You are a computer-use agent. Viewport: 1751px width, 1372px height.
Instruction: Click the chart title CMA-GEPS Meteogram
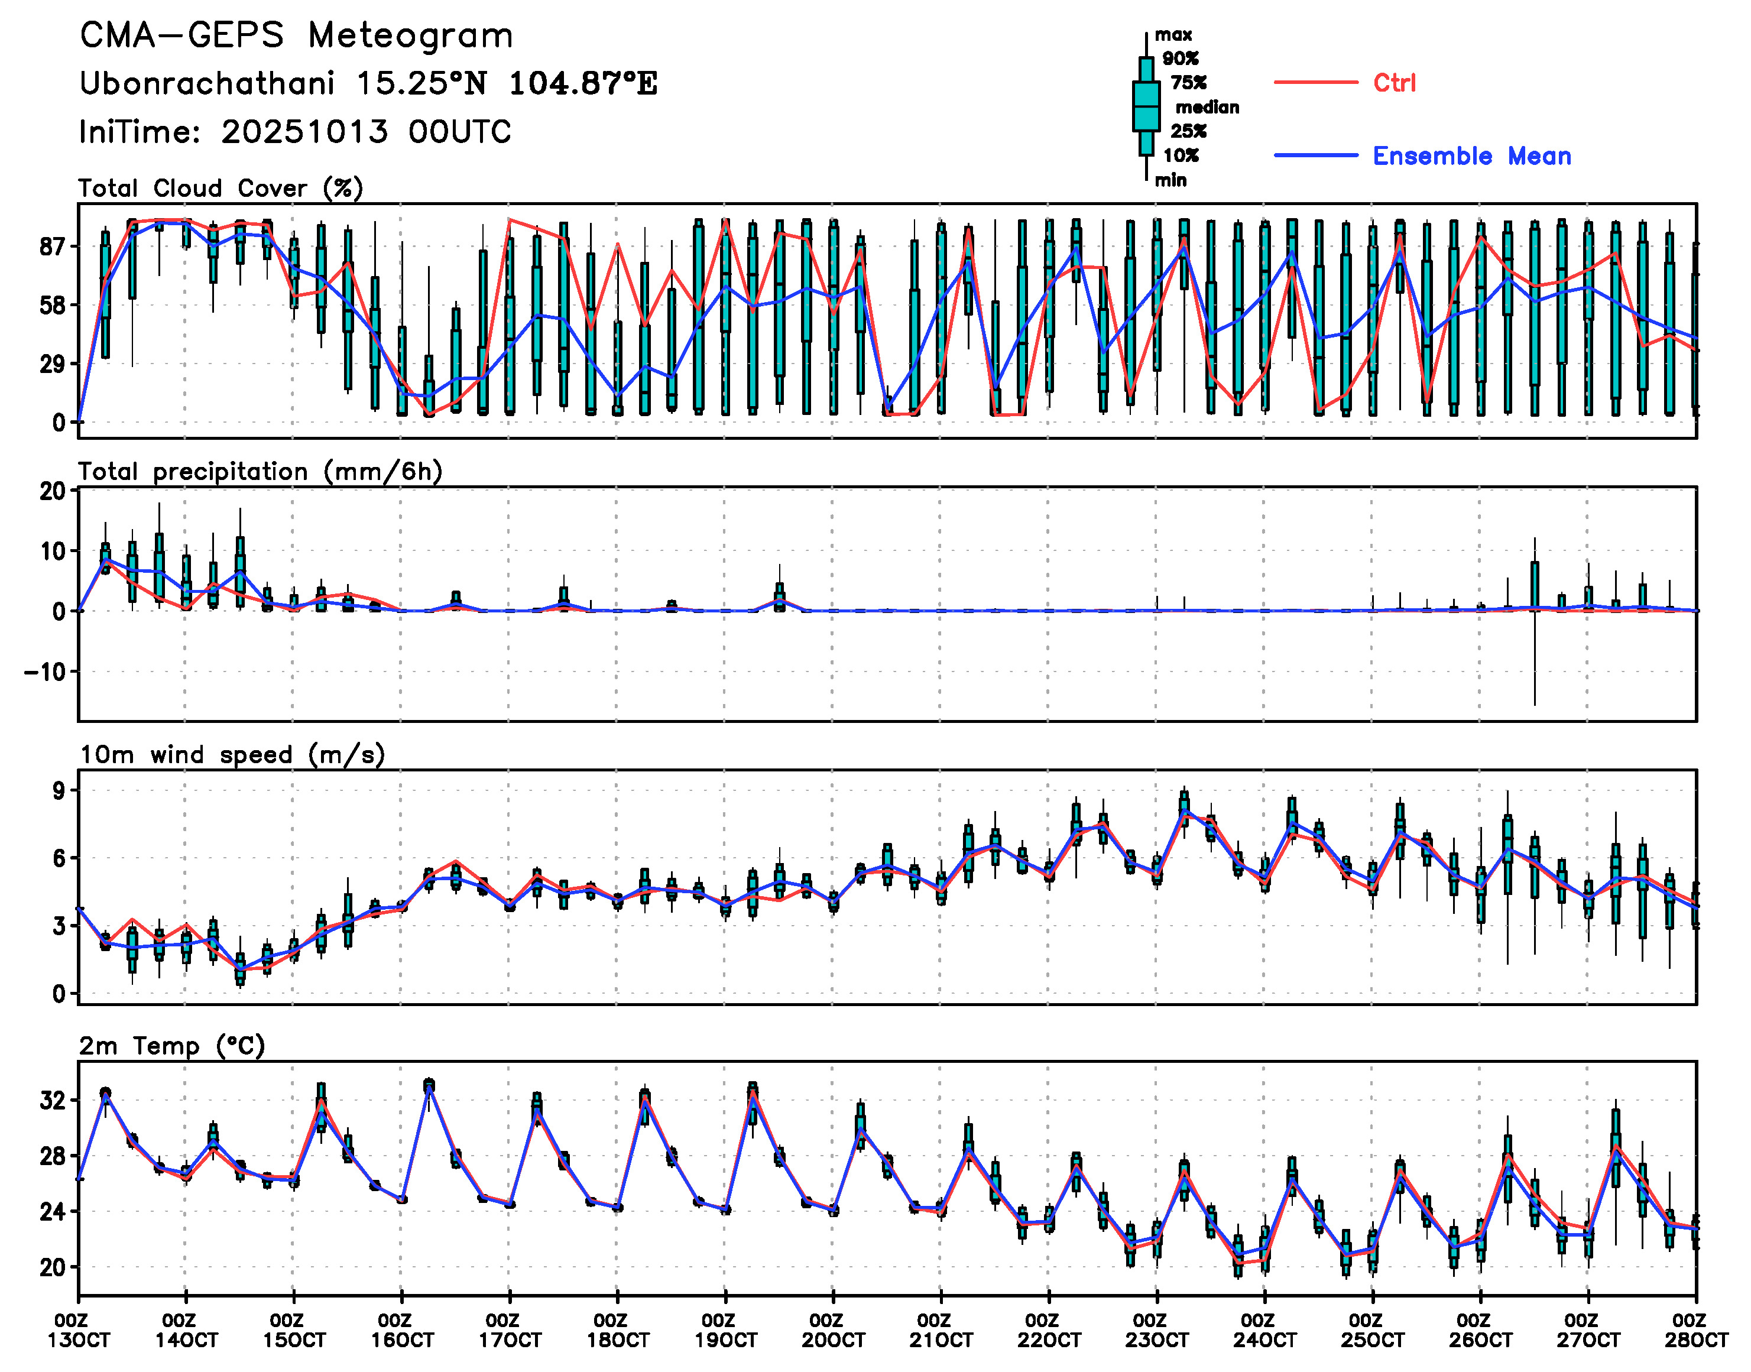(x=296, y=36)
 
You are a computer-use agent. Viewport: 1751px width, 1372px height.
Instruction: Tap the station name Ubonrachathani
(x=206, y=83)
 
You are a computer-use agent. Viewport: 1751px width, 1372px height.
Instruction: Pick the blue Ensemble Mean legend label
(x=1471, y=156)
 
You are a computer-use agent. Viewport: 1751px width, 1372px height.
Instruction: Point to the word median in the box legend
(x=1207, y=108)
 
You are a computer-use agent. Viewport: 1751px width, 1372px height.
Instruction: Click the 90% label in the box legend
(x=1180, y=59)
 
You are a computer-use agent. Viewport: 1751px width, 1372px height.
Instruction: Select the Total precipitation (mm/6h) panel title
(x=260, y=472)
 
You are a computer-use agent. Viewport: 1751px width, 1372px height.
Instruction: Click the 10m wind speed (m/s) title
(x=231, y=755)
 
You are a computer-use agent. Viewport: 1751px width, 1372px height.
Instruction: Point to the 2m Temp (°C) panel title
(x=172, y=1046)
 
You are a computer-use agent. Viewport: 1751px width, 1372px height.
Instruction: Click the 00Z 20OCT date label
(x=833, y=1330)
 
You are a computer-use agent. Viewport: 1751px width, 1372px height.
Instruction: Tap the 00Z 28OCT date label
(x=1695, y=1330)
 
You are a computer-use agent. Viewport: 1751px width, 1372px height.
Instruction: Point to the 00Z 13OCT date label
(x=78, y=1330)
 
